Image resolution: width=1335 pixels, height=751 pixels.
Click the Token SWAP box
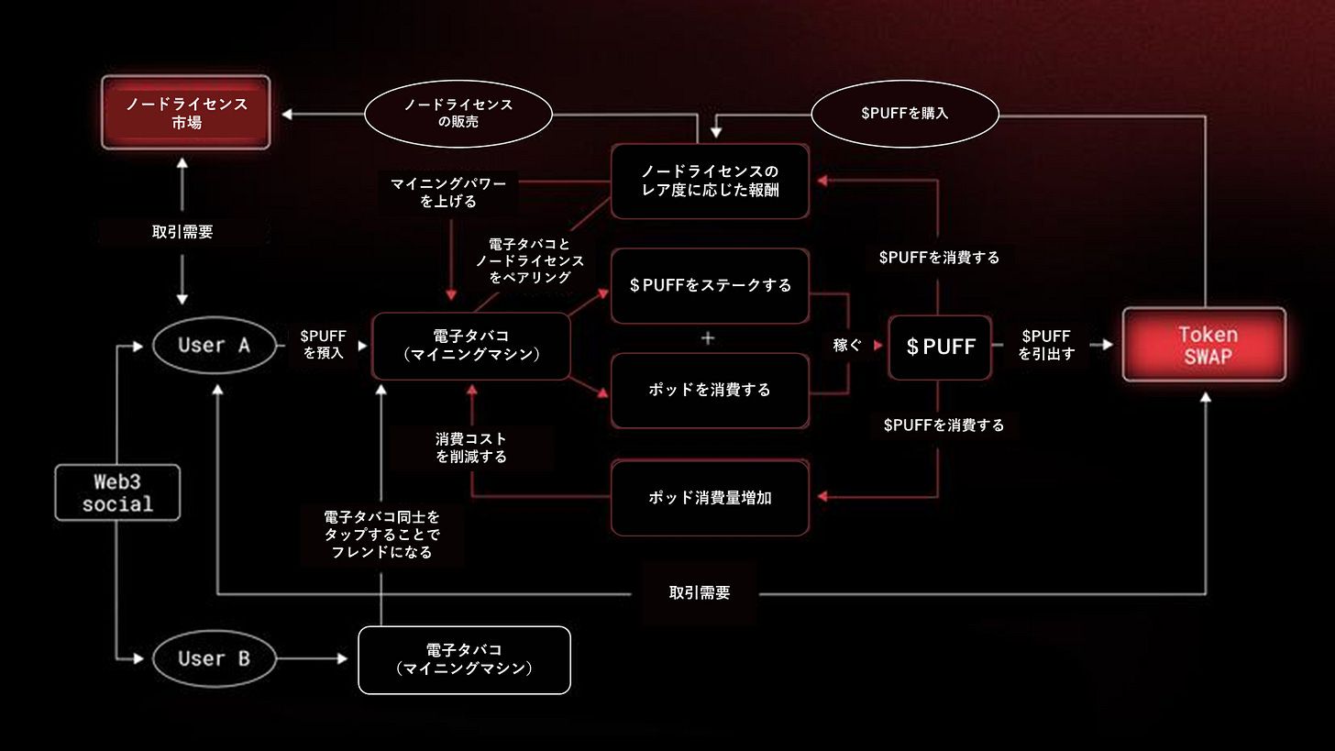coord(1204,345)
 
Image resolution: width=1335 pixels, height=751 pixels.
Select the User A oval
coord(215,345)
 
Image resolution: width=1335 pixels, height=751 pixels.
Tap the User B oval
coord(215,658)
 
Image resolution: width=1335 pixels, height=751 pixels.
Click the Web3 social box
coord(117,492)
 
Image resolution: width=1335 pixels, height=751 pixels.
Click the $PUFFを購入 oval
coord(905,114)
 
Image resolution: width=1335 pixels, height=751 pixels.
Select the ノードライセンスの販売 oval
coord(458,114)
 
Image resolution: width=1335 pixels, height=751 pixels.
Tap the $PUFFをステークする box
coord(710,285)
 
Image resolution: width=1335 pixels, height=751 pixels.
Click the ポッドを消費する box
coord(710,390)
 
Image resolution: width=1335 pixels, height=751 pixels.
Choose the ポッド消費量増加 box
coord(710,498)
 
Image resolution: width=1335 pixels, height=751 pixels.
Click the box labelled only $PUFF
coord(940,347)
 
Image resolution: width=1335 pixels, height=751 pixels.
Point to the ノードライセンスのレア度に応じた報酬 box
coord(710,181)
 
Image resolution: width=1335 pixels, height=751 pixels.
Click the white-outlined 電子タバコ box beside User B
coord(464,659)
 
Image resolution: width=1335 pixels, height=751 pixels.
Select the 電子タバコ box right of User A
coord(471,346)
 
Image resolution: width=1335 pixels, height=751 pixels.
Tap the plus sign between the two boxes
coord(707,337)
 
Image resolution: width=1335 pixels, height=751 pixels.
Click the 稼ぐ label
coord(848,346)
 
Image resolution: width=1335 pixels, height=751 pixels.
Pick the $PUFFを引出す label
coord(1045,345)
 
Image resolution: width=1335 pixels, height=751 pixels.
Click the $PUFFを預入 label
coord(323,345)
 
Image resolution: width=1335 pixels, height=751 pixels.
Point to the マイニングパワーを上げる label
coord(448,193)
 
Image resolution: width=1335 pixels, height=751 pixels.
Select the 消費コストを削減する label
coord(471,447)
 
